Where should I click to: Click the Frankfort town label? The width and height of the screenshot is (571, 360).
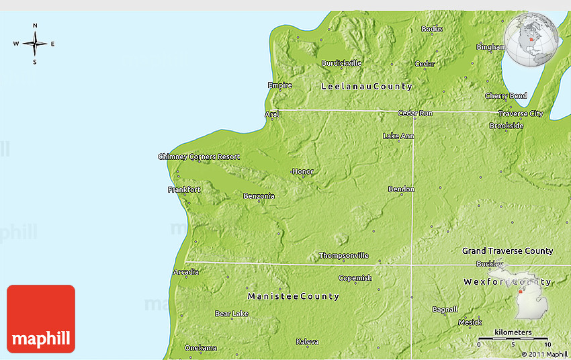(184, 190)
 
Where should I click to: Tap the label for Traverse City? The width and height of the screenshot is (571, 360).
(521, 114)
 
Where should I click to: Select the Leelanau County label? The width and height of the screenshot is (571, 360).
(367, 87)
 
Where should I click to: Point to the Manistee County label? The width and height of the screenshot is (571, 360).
(294, 296)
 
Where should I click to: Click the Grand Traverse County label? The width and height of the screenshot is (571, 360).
(507, 251)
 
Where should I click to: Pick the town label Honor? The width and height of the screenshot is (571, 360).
(303, 171)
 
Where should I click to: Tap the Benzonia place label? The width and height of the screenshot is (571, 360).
(259, 196)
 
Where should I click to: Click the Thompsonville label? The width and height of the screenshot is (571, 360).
(343, 255)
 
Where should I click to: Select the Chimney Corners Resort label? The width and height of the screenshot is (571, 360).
(199, 156)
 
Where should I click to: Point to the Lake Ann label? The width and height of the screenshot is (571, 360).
(398, 136)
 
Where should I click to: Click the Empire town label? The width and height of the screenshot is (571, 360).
(280, 85)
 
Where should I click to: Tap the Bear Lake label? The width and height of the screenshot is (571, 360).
(232, 314)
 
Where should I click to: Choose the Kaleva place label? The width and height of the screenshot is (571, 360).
(307, 342)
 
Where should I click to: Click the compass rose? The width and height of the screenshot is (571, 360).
(35, 44)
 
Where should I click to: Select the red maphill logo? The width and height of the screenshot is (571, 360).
(41, 319)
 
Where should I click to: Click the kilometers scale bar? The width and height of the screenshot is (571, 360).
(513, 338)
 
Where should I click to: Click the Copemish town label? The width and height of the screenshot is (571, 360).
(355, 278)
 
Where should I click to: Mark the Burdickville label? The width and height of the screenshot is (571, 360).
(341, 63)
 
